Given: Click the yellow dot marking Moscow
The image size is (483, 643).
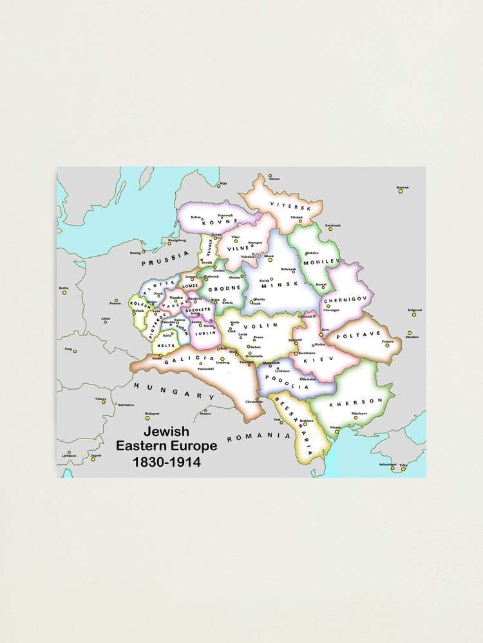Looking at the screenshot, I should (x=399, y=190).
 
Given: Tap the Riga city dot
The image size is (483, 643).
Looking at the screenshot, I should (x=218, y=187).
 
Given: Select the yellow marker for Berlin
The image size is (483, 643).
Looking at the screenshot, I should (x=64, y=293).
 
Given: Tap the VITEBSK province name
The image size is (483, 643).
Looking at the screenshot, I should (x=286, y=207).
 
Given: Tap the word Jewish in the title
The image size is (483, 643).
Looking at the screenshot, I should (x=166, y=432).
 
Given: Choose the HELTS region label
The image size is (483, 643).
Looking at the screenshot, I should (x=167, y=345).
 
